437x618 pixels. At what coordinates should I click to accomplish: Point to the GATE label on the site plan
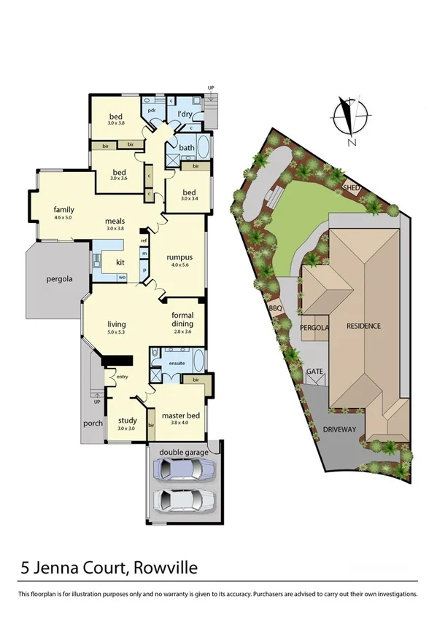pos(314,372)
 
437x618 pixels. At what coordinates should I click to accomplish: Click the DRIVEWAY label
pos(339,429)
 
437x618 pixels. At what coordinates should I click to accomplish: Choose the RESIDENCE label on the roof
pos(363,326)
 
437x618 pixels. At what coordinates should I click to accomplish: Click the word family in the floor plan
pos(64,209)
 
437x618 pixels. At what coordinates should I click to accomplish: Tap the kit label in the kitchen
pos(120,262)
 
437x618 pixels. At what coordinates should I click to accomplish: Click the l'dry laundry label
pos(185,114)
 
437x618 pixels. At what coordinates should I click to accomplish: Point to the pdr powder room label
pos(152,110)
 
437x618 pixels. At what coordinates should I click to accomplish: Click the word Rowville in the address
pos(162,567)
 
